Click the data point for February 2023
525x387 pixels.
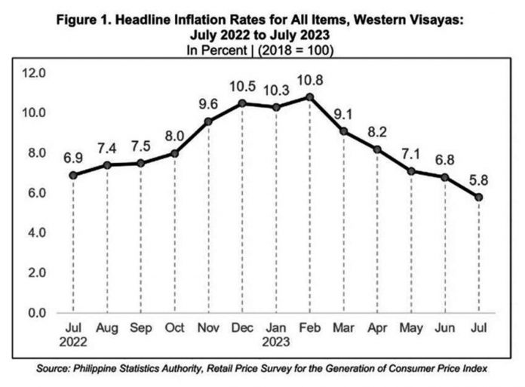coord(310,97)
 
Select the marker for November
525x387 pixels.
coord(208,121)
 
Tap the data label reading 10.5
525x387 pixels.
coord(242,87)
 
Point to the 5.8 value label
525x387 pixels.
coord(478,181)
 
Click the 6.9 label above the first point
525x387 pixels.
coord(73,158)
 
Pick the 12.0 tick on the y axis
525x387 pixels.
coord(33,73)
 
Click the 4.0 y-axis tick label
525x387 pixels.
coord(37,232)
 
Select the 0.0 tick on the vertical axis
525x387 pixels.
coord(37,313)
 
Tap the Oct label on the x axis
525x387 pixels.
coord(174,327)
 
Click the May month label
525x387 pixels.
coord(411,328)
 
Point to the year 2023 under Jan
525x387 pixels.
coord(276,342)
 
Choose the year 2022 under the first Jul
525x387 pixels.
coord(73,342)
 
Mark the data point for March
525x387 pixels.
coord(343,131)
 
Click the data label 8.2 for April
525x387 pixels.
coord(377,132)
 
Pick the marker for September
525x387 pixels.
coord(140,164)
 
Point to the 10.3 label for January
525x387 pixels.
coord(276,91)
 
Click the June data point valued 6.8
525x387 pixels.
coord(444,177)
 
